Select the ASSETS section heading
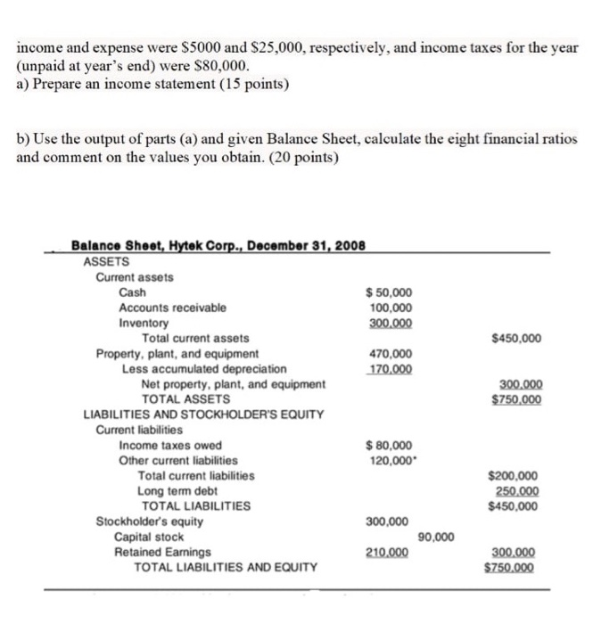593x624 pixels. (x=106, y=261)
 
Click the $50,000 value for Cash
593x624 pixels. (x=390, y=292)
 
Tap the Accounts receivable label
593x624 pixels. (x=172, y=308)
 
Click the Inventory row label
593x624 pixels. (x=143, y=323)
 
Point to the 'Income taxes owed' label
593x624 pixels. (x=170, y=445)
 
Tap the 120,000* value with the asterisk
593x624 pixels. (x=391, y=460)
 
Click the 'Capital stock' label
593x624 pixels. (x=149, y=537)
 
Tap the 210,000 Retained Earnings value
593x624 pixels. (x=388, y=552)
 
